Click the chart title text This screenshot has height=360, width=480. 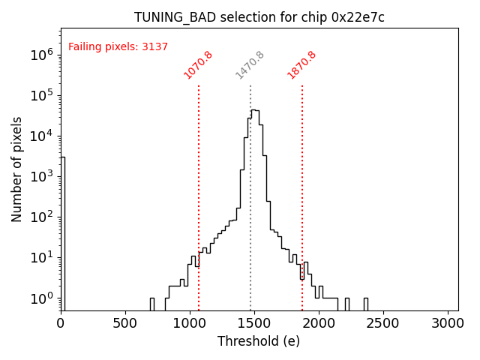[259, 17]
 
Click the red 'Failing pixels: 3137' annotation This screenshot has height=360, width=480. [118, 46]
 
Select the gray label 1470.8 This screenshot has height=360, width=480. [250, 65]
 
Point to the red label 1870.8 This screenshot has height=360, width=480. [301, 65]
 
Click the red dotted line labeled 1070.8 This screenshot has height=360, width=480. [199, 187]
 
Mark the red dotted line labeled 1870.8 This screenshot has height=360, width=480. [302, 187]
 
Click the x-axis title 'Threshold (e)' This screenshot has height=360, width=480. [259, 341]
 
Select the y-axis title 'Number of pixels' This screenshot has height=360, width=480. [17, 169]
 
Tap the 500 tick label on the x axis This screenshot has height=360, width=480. [125, 322]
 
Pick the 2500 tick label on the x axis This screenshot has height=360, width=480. [383, 322]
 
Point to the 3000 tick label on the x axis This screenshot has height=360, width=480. [448, 322]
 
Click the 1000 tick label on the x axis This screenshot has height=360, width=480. [190, 322]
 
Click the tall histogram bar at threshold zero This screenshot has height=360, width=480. [63, 232]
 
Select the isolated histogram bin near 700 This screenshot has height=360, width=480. [151, 304]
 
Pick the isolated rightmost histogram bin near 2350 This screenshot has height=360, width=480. [365, 304]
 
